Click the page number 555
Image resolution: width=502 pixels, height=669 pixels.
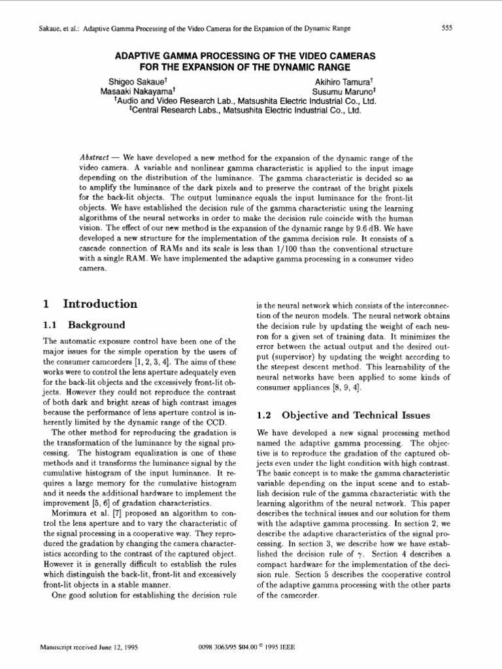447,28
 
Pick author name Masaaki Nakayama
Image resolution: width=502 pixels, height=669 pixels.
136,92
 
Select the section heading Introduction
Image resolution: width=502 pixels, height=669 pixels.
100,304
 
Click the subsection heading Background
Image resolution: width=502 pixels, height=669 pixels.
97,325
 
